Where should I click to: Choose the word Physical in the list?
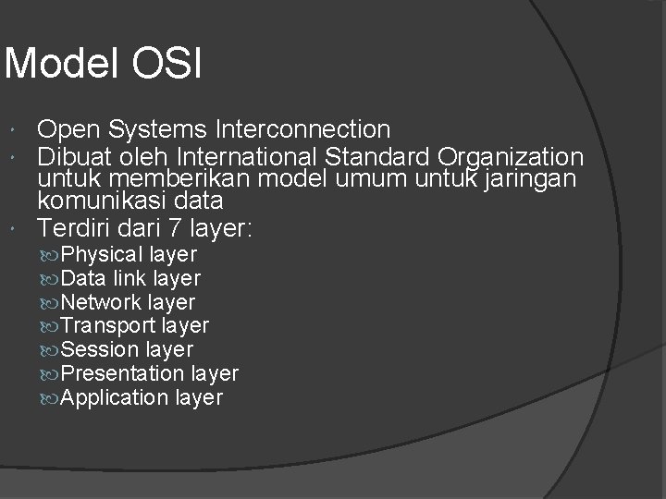(101, 254)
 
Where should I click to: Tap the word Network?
(101, 302)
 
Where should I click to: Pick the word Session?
(99, 350)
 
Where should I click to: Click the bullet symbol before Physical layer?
(49, 255)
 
